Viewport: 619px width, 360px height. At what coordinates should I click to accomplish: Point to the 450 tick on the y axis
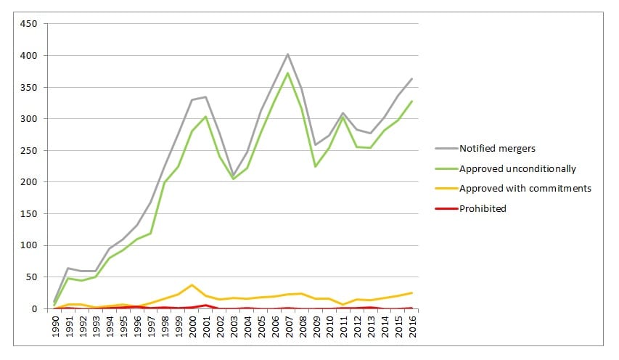coord(29,23)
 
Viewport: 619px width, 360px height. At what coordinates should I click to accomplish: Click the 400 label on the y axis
coord(29,55)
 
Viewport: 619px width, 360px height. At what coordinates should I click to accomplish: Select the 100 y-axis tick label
coord(29,245)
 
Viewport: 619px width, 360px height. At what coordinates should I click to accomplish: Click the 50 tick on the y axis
coord(31,277)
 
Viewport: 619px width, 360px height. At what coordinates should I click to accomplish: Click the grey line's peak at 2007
coord(288,54)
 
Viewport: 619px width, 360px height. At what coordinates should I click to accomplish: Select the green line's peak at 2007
coord(288,73)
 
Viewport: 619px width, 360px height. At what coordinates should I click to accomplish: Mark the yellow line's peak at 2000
coord(192,285)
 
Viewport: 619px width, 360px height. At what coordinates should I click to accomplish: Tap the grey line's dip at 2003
coord(233,174)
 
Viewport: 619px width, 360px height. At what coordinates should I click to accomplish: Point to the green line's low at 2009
coord(316,166)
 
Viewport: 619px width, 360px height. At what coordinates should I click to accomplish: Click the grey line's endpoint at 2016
coord(411,78)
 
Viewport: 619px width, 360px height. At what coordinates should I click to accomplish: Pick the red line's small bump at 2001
coord(206,305)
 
